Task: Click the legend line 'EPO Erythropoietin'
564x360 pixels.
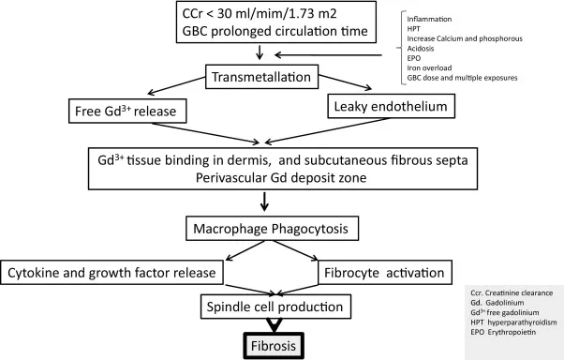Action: (x=496, y=335)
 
